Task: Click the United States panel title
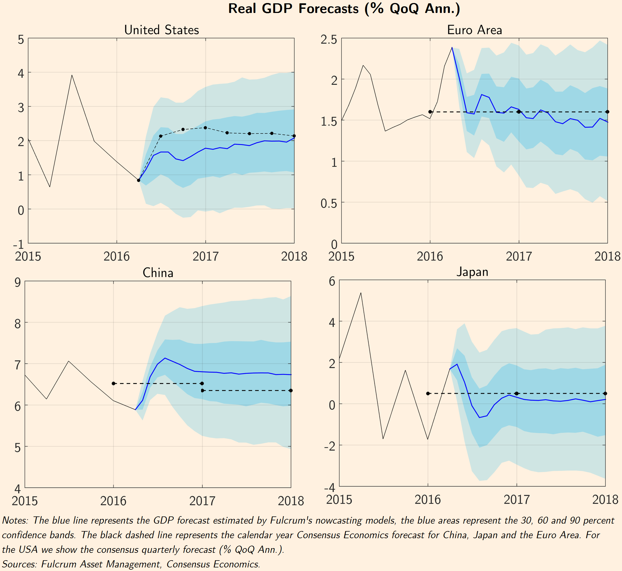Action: pos(161,30)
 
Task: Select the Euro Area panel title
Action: pos(474,30)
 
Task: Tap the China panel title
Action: pos(158,273)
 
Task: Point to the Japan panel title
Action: pos(472,272)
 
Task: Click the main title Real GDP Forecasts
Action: pos(344,9)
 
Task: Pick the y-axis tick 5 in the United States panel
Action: pos(21,40)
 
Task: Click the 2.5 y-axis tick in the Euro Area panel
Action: pos(329,40)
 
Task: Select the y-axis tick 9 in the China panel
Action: pos(18,282)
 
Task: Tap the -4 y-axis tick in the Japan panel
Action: pos(330,487)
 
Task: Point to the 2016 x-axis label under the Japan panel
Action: pos(428,500)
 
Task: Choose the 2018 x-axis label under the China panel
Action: pos(291,501)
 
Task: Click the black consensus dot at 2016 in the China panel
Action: pos(114,383)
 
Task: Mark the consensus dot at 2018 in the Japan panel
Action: pos(605,394)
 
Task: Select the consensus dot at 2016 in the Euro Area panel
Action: pos(430,112)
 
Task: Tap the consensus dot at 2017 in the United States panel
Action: pos(205,128)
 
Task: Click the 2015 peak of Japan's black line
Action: pos(361,293)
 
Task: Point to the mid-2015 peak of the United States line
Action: pos(72,75)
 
